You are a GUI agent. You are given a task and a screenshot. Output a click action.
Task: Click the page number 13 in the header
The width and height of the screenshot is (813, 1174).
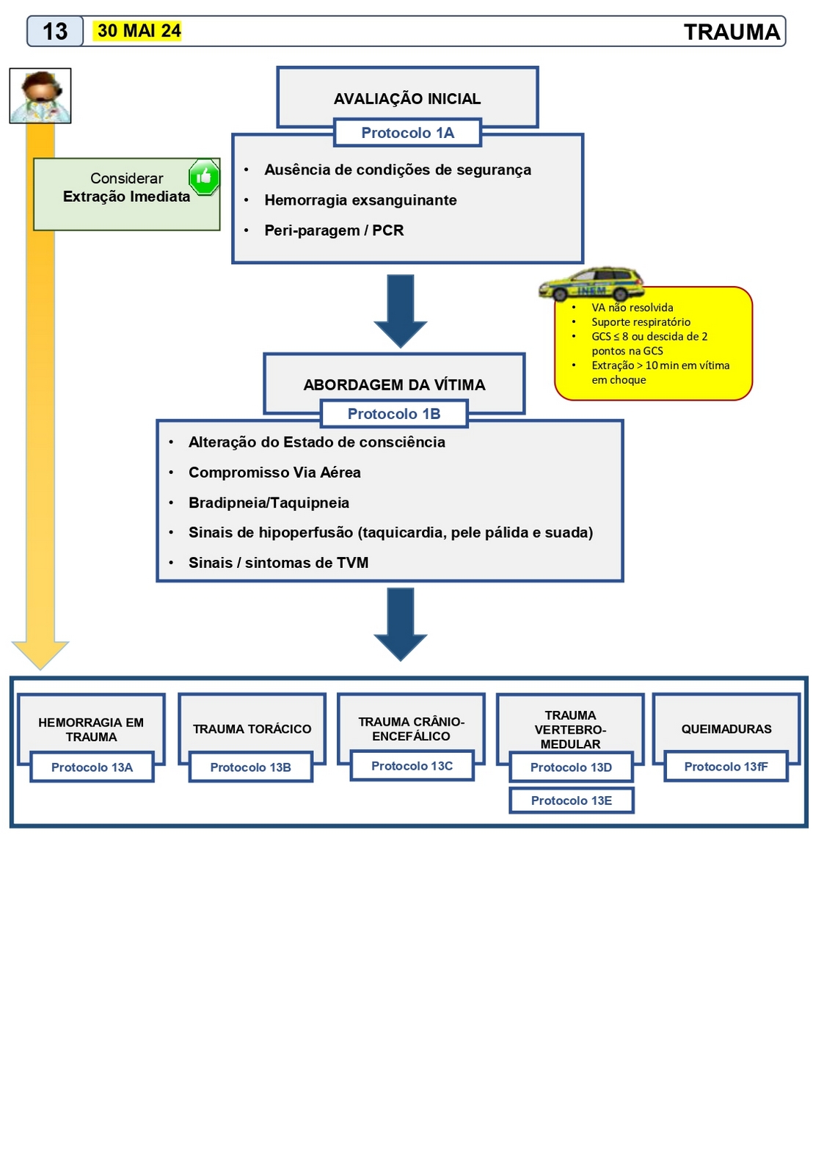click(55, 32)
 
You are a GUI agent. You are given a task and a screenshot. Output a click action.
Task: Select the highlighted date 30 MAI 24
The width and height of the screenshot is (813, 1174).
click(139, 31)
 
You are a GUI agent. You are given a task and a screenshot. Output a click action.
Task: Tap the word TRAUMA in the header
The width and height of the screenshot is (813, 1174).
click(732, 32)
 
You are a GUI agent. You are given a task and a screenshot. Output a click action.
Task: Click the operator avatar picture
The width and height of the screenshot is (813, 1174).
click(40, 96)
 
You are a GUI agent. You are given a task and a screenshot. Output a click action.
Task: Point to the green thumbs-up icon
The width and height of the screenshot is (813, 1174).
click(204, 177)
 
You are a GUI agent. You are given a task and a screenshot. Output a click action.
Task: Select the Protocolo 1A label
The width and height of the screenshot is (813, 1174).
click(407, 133)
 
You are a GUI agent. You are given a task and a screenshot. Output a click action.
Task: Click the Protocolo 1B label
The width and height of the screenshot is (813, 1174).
click(394, 414)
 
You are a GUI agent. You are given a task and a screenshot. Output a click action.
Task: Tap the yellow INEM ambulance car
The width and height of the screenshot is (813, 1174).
click(591, 284)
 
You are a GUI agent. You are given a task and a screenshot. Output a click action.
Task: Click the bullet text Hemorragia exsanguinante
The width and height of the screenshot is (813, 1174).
click(360, 200)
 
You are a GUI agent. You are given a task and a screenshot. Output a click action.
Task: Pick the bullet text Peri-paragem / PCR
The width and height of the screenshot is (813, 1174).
click(334, 230)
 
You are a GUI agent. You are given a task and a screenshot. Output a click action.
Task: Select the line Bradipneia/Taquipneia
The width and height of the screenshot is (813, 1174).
click(269, 503)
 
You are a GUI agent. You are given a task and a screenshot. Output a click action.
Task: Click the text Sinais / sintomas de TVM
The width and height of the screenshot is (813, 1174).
click(278, 563)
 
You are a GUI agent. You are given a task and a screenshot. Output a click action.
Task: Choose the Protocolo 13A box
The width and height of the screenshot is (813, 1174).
click(92, 768)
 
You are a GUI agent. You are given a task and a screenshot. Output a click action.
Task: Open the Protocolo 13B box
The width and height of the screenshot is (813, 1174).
click(250, 768)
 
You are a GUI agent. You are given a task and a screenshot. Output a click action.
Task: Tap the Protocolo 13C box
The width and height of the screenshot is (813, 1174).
click(412, 766)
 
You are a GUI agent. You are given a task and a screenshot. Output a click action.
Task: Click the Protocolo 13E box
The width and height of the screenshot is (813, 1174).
click(571, 801)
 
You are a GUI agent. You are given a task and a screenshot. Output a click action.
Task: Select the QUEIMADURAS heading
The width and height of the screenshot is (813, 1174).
click(726, 729)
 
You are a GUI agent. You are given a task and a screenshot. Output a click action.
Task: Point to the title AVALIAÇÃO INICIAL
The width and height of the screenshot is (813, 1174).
click(407, 99)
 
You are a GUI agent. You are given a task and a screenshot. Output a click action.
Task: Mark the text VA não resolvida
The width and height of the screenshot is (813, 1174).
click(632, 307)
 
